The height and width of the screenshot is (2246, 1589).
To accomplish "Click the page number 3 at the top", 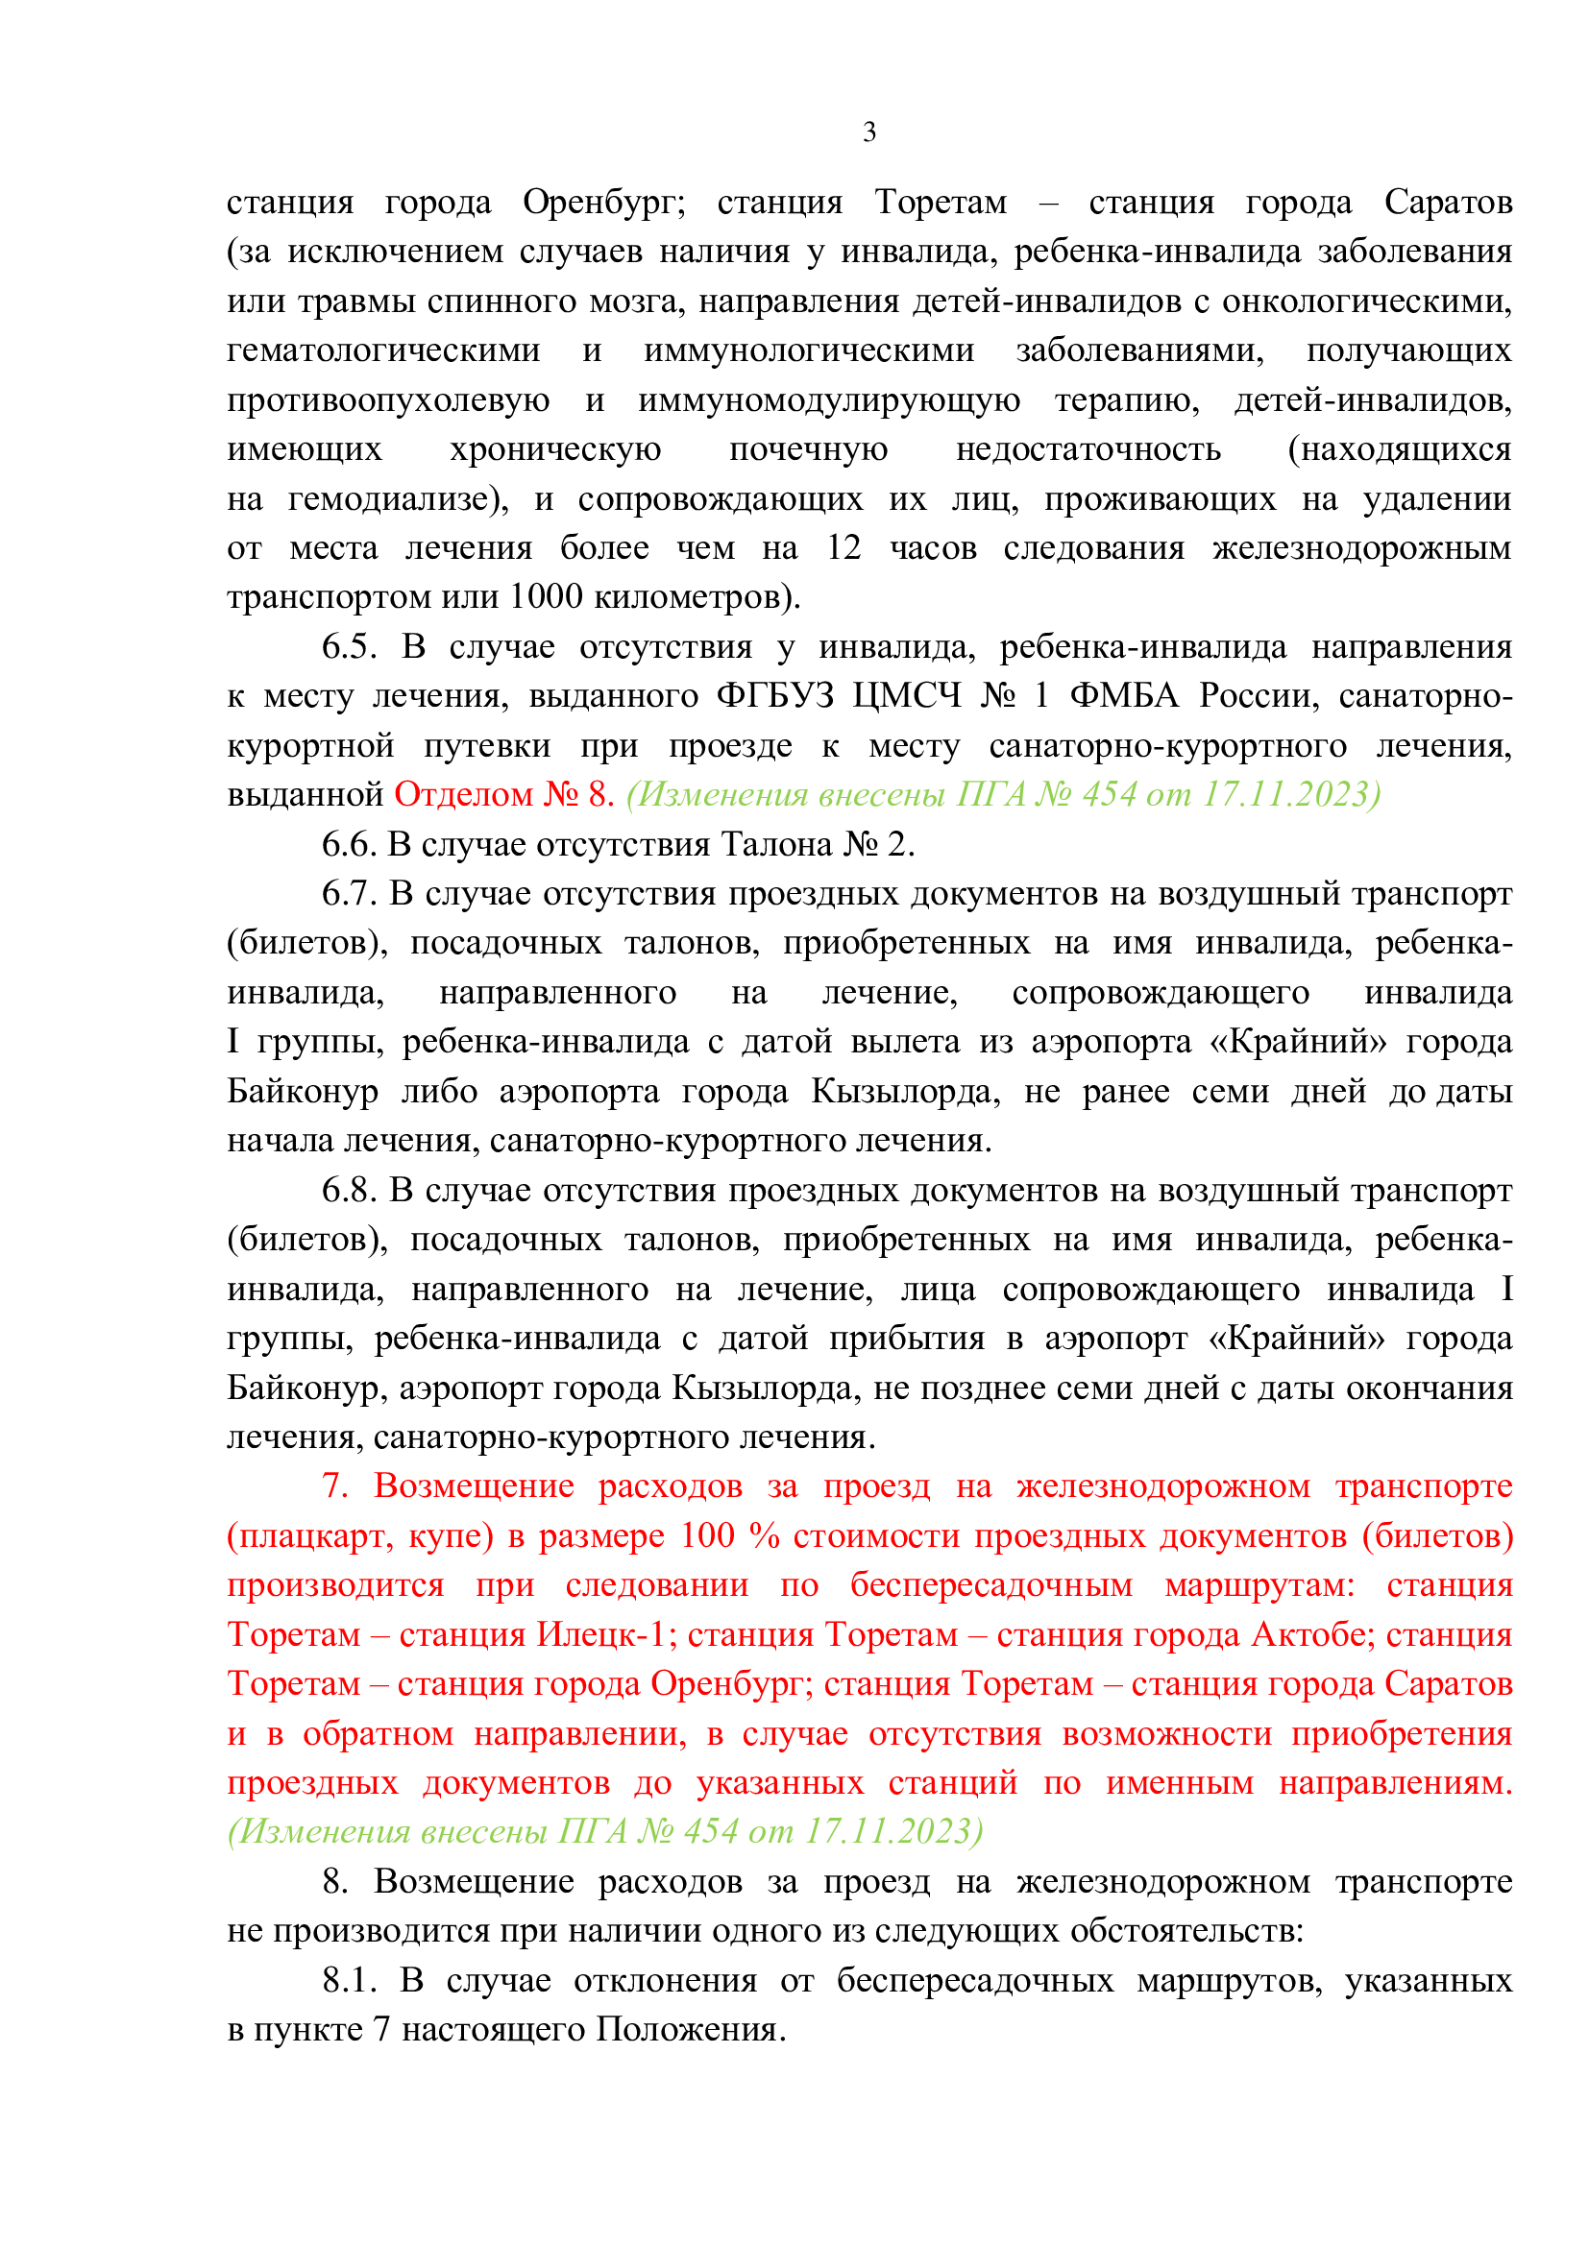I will click(868, 133).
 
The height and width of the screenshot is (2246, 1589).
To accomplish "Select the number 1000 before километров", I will click(546, 595).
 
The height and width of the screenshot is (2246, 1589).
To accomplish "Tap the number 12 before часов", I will click(843, 546).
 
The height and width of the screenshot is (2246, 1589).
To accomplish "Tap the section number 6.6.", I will click(349, 843).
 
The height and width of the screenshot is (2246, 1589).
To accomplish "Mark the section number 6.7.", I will click(349, 893).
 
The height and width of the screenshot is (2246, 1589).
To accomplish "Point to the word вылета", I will click(904, 1041).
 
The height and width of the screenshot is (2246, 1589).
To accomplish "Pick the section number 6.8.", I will click(349, 1190).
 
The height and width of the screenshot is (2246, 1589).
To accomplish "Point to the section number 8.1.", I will click(350, 1980).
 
